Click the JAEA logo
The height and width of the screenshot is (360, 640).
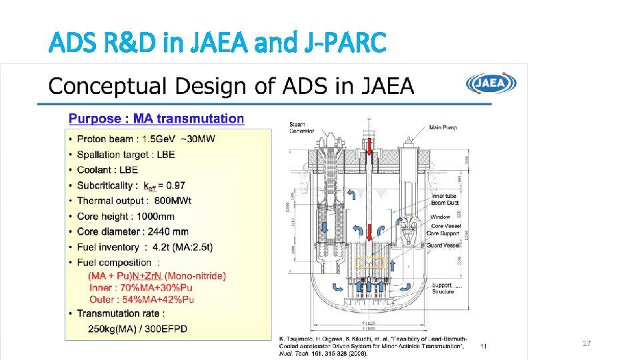tap(491, 83)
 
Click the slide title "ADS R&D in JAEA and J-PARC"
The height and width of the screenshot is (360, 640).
tap(217, 43)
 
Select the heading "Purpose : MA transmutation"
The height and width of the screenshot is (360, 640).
tap(157, 119)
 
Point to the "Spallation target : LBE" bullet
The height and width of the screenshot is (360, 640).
tap(125, 154)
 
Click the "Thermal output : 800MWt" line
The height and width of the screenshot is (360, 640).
tap(134, 201)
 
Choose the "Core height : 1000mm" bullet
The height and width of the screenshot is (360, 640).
tap(125, 216)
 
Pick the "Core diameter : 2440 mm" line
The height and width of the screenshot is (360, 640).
tap(132, 231)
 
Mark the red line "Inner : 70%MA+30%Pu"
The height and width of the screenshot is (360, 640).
tap(141, 287)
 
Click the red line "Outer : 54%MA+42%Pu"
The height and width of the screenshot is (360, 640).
tap(141, 299)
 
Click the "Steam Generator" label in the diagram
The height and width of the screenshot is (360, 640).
tap(302, 127)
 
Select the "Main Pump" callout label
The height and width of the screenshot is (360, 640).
tap(443, 127)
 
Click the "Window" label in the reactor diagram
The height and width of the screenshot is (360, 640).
tap(440, 217)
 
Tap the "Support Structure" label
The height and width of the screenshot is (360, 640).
tap(443, 288)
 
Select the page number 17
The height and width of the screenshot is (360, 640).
tap(587, 343)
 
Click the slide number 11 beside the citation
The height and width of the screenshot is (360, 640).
tap(484, 346)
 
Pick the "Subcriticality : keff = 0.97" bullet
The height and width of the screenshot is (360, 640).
tap(131, 185)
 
